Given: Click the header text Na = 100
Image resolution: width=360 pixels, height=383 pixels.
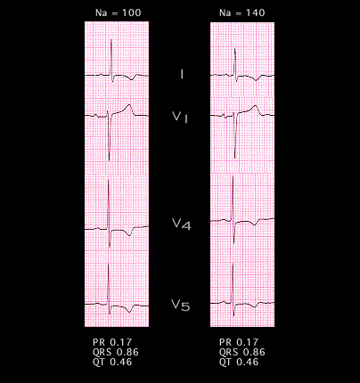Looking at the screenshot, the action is point(118,12).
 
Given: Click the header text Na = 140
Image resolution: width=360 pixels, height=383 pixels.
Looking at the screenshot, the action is point(241,12).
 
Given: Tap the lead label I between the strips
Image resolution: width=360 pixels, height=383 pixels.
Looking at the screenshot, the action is point(182,74).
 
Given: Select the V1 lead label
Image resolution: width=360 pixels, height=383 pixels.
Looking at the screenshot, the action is point(180,117).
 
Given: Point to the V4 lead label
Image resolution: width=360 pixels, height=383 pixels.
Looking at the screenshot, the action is point(182,224).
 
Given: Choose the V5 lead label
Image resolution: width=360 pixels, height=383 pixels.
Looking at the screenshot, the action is point(180,305).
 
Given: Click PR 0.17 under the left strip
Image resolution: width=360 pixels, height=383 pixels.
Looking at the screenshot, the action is point(112,342).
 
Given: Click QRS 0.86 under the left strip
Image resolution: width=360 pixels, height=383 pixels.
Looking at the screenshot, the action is point(116,352).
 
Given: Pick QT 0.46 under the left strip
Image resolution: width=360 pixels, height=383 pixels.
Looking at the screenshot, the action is point(112,362).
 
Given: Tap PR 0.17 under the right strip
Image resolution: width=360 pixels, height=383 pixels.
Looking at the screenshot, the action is point(239,342).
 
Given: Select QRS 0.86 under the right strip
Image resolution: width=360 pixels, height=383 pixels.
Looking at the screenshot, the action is point(242,352).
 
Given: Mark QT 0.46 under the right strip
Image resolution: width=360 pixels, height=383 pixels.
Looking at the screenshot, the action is point(239,362).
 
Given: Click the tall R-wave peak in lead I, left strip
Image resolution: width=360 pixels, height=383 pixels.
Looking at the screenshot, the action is point(111,39).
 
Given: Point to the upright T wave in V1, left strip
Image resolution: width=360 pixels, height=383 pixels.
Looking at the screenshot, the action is point(129,105).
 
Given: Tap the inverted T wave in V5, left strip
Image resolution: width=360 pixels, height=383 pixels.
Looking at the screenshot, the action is point(129,312).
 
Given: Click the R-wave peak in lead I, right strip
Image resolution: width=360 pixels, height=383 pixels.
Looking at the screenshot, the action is point(235,48).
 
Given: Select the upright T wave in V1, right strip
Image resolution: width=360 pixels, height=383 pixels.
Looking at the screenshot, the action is point(255,106).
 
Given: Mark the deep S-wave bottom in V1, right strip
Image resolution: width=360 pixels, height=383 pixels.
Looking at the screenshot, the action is point(235,158).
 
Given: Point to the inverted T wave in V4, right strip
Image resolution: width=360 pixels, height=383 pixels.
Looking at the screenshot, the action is point(255,224).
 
